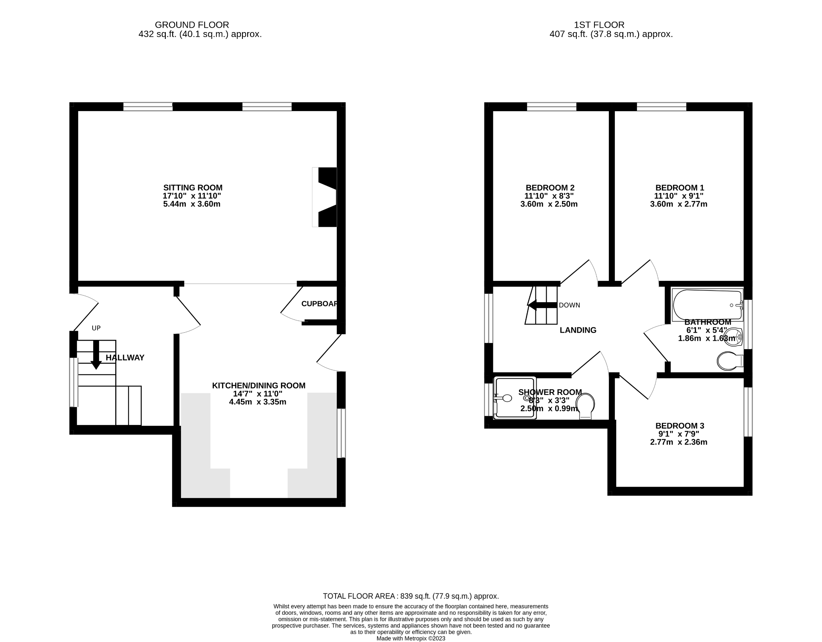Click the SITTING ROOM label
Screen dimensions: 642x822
point(193,187)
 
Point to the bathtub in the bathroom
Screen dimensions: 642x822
point(707,305)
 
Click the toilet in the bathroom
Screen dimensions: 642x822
point(729,361)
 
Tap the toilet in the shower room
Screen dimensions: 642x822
point(586,405)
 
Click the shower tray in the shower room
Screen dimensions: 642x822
point(515,398)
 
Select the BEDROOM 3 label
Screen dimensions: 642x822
point(680,426)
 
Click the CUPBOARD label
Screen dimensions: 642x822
point(319,304)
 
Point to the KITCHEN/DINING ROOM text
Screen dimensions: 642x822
point(258,386)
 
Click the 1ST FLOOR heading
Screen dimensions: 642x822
point(610,25)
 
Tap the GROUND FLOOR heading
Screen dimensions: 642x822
point(192,25)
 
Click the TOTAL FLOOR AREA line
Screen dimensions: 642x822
point(411,596)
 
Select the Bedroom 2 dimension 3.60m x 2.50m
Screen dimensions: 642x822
point(549,204)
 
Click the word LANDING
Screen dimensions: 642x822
point(578,330)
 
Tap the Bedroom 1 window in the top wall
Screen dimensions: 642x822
point(661,107)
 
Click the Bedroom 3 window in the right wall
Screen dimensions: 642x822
point(748,412)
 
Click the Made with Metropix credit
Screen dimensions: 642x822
point(411,638)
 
